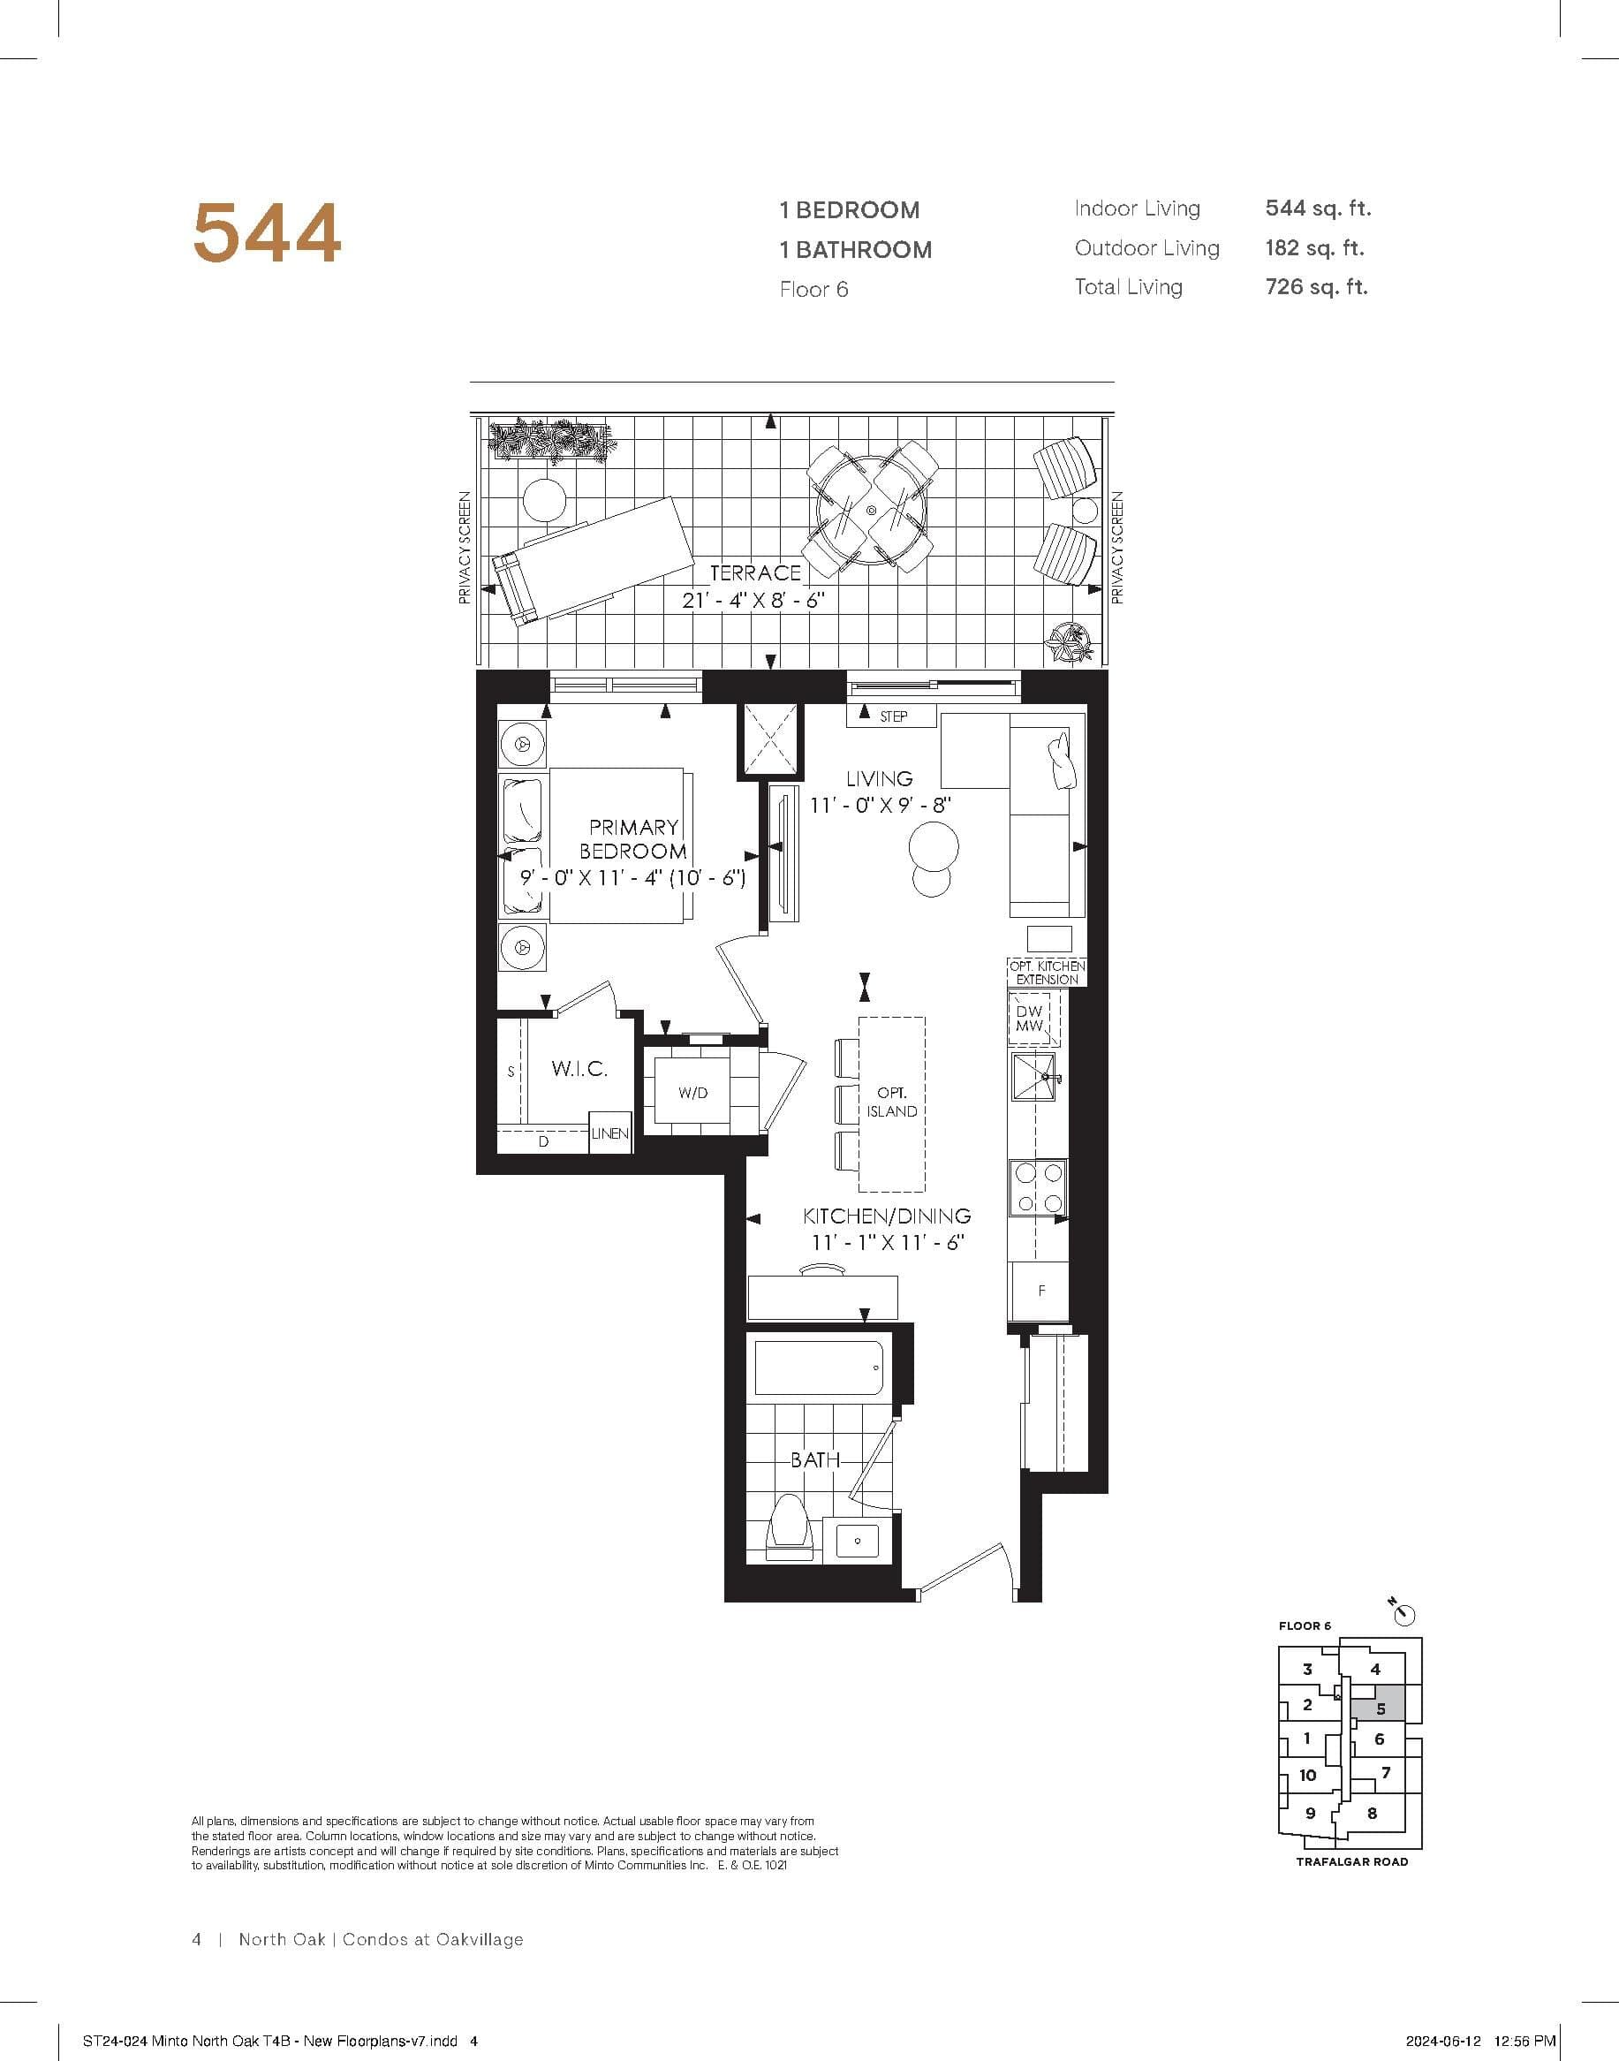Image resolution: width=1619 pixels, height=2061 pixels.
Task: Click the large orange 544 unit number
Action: click(x=267, y=233)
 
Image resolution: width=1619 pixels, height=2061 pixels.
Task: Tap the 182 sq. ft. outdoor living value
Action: click(x=1313, y=248)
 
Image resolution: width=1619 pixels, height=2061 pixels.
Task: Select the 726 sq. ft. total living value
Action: click(x=1316, y=287)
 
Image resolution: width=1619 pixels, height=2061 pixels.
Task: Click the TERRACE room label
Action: click(x=754, y=572)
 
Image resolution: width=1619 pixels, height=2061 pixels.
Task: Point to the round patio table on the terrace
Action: click(x=870, y=511)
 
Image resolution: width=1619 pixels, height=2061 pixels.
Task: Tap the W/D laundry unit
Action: click(x=692, y=1093)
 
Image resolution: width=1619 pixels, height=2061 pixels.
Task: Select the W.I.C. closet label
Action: click(x=579, y=1069)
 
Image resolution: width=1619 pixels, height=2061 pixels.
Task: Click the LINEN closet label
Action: click(x=609, y=1133)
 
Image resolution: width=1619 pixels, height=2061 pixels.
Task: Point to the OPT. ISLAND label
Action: click(x=891, y=1102)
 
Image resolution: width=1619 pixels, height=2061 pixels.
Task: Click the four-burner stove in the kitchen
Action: click(x=1037, y=1188)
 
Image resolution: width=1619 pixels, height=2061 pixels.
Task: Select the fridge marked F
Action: click(x=1040, y=1291)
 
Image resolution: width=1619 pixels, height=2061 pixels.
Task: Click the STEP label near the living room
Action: click(x=893, y=716)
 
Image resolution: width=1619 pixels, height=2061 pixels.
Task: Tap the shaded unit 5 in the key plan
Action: click(x=1381, y=1709)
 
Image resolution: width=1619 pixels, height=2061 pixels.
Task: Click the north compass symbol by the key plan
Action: click(x=1403, y=1612)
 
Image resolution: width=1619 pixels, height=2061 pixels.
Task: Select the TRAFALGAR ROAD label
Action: click(x=1351, y=1862)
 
